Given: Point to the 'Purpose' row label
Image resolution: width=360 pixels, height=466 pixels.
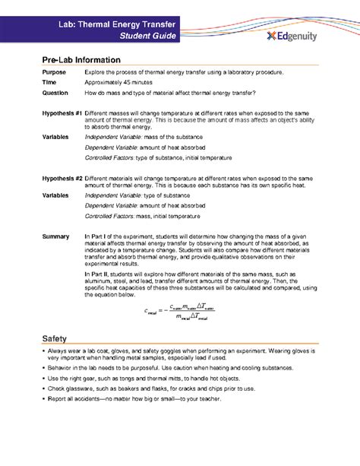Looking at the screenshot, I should click(54, 71).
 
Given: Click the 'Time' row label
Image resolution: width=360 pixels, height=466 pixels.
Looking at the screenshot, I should click(49, 81).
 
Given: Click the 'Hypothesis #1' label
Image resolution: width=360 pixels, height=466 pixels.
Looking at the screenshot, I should click(62, 113).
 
